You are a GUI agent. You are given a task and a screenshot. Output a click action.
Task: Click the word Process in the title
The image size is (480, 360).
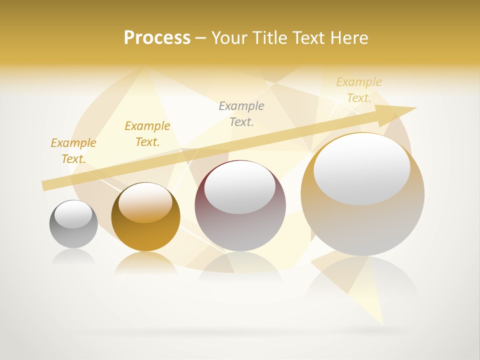pyautogui.click(x=157, y=38)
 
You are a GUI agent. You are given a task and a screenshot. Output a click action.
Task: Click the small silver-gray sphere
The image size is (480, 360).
pyautogui.click(x=73, y=235)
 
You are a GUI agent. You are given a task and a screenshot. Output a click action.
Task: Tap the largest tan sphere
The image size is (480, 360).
pyautogui.click(x=362, y=225)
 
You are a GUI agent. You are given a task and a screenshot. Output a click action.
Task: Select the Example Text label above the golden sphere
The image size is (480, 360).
pyautogui.click(x=147, y=134)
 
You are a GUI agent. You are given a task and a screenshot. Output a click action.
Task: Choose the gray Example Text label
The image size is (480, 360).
pyautogui.click(x=241, y=113)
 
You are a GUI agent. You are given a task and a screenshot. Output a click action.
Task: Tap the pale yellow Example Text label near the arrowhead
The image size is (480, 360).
pyautogui.click(x=359, y=90)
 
